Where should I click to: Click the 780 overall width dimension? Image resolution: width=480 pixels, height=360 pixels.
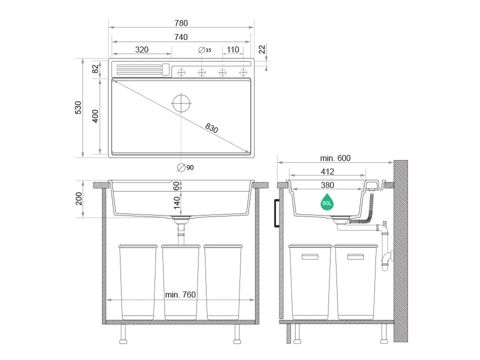(x=181, y=23)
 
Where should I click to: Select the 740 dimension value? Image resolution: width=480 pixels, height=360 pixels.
(x=181, y=37)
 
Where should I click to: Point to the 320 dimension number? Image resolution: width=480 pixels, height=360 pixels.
(x=141, y=49)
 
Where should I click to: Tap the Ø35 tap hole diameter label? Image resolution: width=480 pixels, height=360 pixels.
(x=205, y=50)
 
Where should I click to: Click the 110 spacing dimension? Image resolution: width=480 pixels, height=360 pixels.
(x=232, y=49)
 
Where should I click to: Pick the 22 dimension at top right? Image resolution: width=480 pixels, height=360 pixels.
(x=262, y=49)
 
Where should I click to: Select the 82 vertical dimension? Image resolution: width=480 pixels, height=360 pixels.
(x=95, y=69)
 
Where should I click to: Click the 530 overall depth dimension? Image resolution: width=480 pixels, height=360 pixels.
(x=78, y=108)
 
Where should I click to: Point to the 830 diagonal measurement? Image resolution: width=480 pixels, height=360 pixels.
(x=211, y=128)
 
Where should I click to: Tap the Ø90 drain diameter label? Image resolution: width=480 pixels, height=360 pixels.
(x=185, y=167)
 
